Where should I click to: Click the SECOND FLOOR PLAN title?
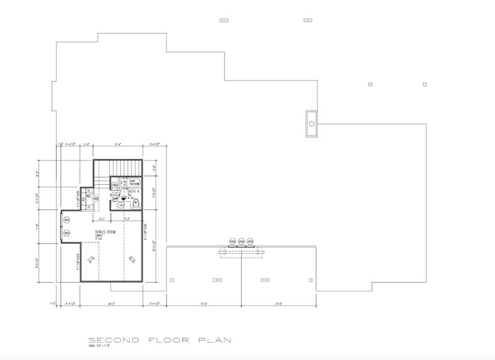click(x=159, y=340)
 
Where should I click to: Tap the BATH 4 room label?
click(x=130, y=191)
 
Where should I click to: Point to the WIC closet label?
click(x=88, y=196)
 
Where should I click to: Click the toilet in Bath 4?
click(x=136, y=203)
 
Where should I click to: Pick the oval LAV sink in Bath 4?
click(x=121, y=205)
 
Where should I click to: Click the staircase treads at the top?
click(x=125, y=167)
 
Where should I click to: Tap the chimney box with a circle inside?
click(x=311, y=124)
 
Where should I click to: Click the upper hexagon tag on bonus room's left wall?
click(x=66, y=220)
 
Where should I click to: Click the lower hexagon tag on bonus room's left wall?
click(x=66, y=234)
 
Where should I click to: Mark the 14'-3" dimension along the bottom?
click(x=111, y=304)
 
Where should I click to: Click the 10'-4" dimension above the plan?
click(x=118, y=144)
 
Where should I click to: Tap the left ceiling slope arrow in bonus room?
click(x=91, y=259)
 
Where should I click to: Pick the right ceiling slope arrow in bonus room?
click(x=132, y=259)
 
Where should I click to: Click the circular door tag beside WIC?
click(x=95, y=199)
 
